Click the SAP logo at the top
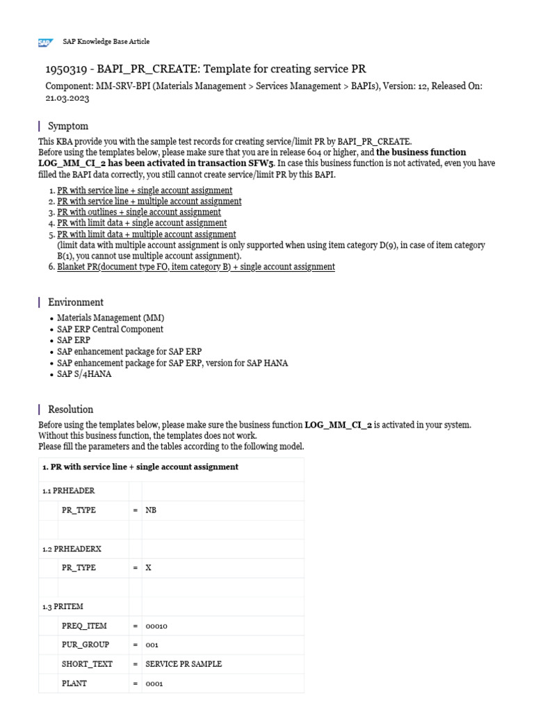tap(45, 42)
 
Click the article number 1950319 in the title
tap(66, 69)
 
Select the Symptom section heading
tap(68, 126)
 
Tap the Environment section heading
tap(75, 302)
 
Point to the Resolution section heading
tap(70, 409)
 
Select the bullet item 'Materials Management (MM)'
tap(111, 318)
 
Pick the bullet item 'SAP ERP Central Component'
tap(110, 329)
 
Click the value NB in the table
tap(151, 510)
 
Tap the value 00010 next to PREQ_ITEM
tap(156, 626)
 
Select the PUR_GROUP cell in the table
tap(86, 645)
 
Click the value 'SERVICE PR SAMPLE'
tap(184, 664)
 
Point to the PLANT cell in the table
tap(74, 683)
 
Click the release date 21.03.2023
tap(67, 99)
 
